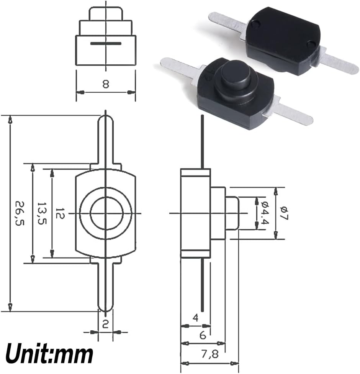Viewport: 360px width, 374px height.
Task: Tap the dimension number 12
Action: [60, 213]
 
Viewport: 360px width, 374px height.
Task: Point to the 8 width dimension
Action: [106, 84]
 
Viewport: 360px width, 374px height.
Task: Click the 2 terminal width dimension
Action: [105, 324]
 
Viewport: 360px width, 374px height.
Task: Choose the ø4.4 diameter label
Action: [265, 213]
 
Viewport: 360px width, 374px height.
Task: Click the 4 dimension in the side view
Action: [195, 318]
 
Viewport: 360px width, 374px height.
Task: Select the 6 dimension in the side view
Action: [203, 335]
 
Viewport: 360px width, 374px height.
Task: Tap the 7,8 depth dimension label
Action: [210, 354]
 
